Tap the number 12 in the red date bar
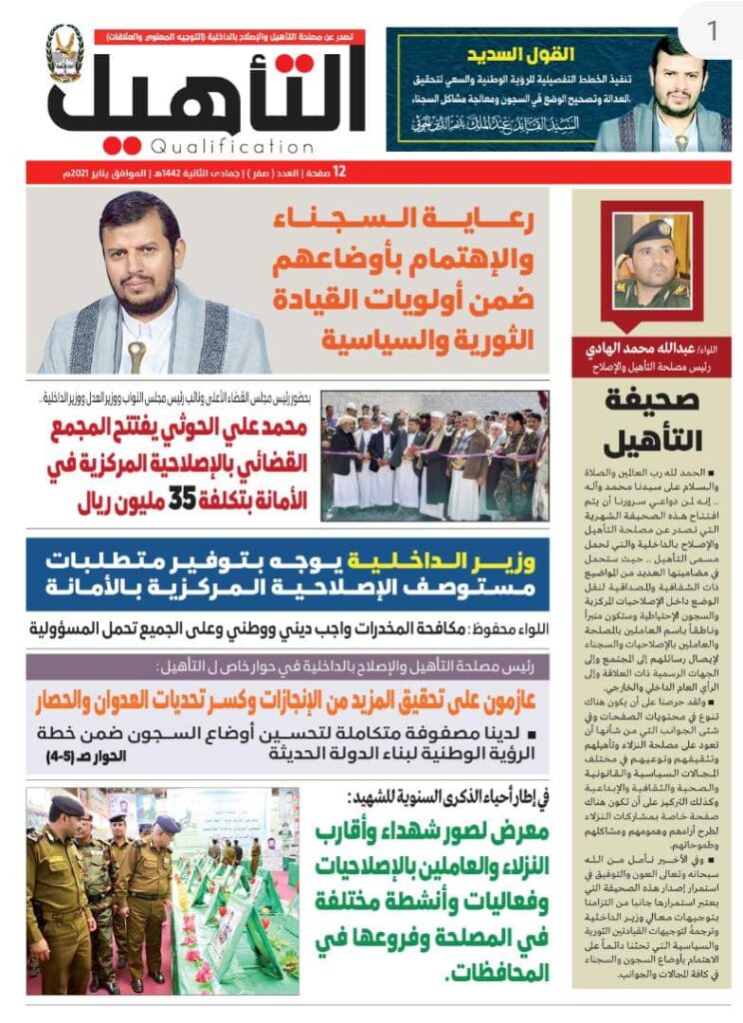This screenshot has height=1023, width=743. coord(340,172)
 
